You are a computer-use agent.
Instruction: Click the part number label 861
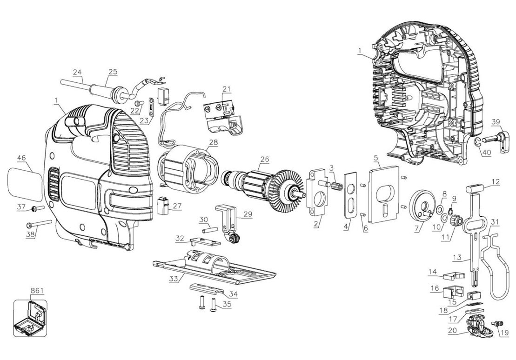click(x=37, y=291)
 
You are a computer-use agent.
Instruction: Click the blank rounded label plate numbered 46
click(x=25, y=184)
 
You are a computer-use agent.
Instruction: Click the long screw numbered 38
click(x=39, y=224)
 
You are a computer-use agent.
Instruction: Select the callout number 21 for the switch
click(x=227, y=89)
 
